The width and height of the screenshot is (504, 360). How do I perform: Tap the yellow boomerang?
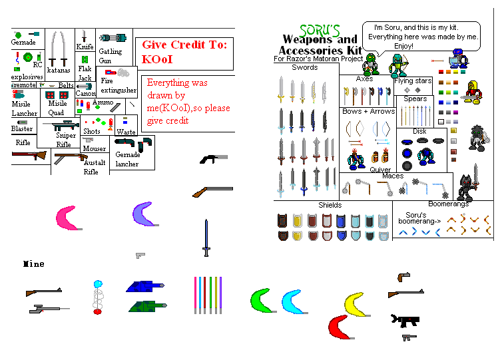[356, 304]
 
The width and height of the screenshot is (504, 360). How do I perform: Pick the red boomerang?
[339, 327]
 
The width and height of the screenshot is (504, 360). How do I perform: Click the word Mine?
[33, 264]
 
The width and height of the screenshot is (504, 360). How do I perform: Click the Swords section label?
[305, 67]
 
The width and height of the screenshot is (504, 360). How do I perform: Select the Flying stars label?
[413, 81]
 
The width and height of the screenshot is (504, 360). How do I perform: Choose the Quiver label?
[380, 170]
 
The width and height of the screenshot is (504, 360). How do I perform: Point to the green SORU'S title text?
[320, 30]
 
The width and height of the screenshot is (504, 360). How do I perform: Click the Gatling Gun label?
[110, 56]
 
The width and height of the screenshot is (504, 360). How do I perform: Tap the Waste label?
[126, 132]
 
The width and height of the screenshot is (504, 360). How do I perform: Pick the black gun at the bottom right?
[405, 319]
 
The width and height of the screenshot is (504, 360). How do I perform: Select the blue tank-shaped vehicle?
[144, 287]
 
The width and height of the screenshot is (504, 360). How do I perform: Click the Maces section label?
[393, 176]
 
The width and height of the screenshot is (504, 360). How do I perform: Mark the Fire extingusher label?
[119, 86]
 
